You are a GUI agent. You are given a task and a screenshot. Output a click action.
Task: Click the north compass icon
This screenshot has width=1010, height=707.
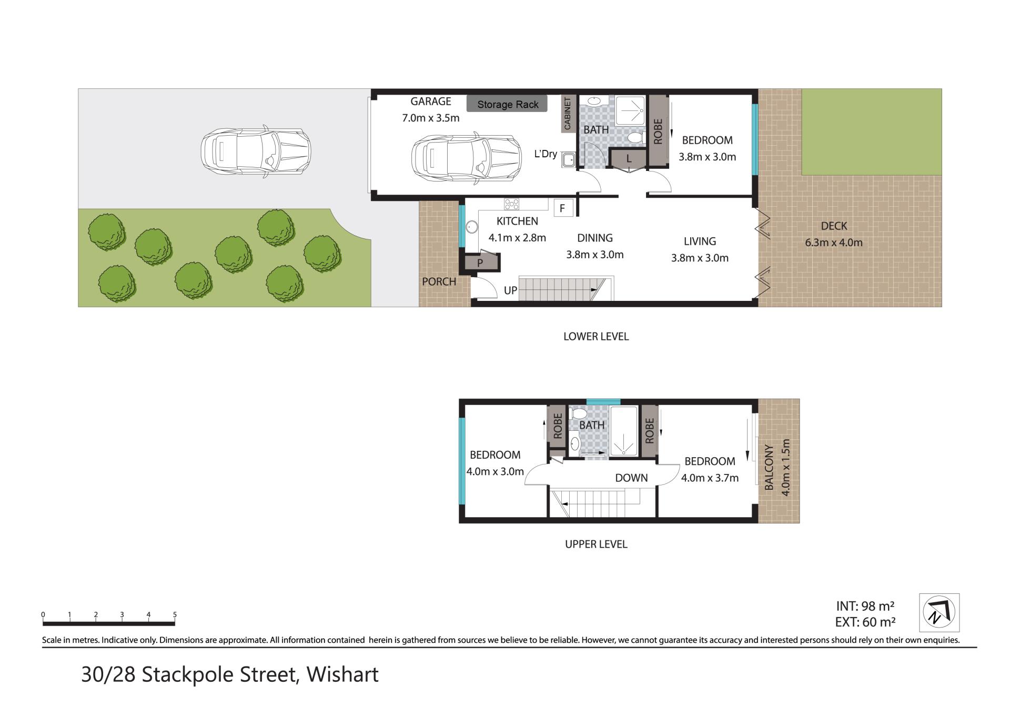(x=939, y=612)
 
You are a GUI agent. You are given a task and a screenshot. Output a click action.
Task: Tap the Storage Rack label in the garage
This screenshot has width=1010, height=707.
(x=507, y=104)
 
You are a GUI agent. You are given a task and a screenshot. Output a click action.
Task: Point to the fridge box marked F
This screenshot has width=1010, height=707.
(x=562, y=208)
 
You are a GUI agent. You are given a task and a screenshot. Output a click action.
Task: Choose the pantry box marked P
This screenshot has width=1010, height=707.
(x=480, y=262)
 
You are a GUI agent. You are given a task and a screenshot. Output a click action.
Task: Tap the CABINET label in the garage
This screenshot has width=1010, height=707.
(x=567, y=114)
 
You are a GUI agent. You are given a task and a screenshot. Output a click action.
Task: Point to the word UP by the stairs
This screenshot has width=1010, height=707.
(x=510, y=290)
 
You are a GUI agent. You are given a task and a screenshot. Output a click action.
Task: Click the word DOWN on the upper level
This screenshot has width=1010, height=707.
(x=631, y=478)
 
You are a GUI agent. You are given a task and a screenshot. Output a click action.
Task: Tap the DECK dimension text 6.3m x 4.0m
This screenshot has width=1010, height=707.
(x=834, y=243)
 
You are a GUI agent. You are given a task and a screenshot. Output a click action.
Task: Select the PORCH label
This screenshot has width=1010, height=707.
(x=439, y=281)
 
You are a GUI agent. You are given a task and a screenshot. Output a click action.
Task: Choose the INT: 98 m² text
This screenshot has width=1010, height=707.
(x=865, y=606)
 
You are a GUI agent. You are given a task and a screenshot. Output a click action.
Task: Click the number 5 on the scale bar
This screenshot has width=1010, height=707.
(x=175, y=614)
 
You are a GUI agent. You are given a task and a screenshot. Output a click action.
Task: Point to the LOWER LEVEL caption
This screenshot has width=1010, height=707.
(x=596, y=337)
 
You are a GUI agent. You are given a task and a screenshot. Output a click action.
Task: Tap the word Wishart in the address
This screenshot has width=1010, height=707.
(x=342, y=674)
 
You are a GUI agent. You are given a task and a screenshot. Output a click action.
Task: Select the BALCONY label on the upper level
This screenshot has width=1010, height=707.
(x=769, y=468)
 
